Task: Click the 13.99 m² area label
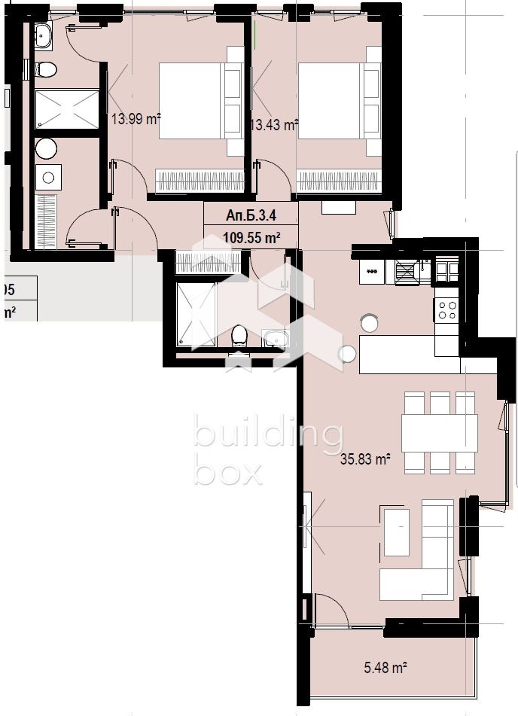[136, 118]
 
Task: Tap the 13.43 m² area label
[274, 125]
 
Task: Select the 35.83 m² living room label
[366, 459]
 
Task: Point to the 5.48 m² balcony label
[385, 666]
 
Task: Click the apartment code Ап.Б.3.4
[251, 216]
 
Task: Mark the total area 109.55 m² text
[251, 237]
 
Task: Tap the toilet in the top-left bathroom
[47, 70]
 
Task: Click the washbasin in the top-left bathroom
[43, 34]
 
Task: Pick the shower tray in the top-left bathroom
[68, 109]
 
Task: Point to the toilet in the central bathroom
[239, 334]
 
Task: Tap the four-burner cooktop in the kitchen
[447, 309]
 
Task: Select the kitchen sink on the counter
[407, 270]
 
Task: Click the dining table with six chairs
[440, 433]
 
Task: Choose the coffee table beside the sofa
[396, 532]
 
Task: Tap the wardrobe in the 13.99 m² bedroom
[200, 181]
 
